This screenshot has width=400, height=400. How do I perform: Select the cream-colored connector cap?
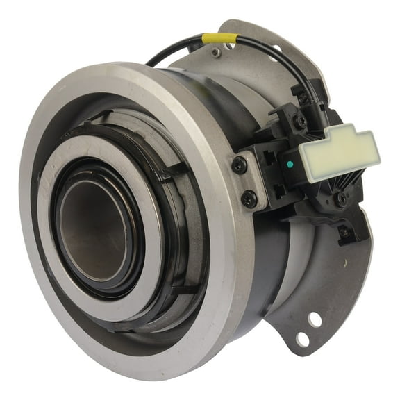click(x=338, y=152)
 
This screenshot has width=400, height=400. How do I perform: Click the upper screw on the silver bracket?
click(x=240, y=165)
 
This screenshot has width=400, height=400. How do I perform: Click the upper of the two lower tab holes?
click(x=314, y=320)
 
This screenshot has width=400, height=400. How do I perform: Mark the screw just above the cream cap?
click(x=300, y=121)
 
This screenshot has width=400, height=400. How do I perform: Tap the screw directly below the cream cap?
click(x=340, y=197)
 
